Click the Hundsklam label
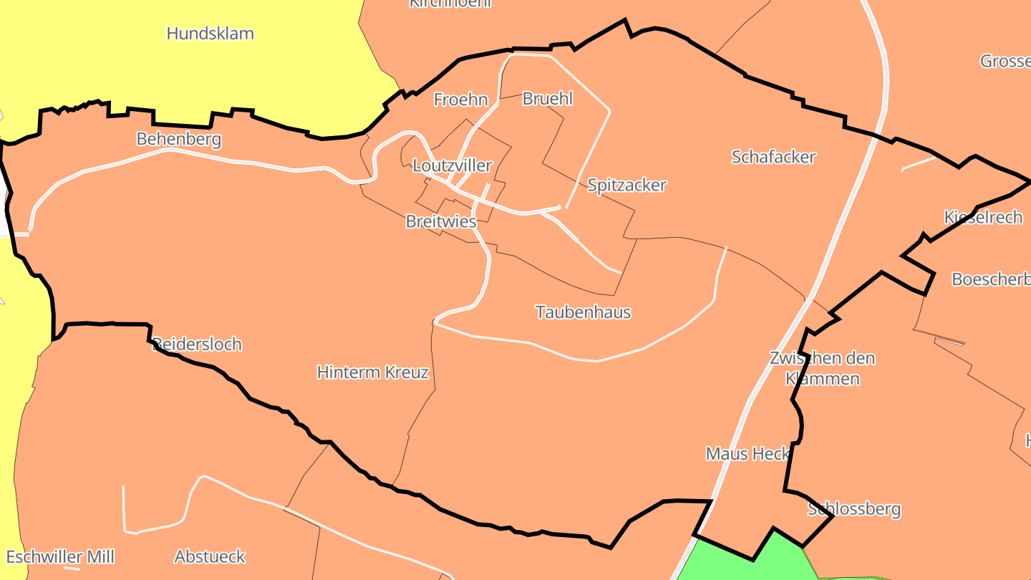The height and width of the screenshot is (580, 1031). click(210, 34)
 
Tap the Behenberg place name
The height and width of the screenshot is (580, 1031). click(179, 139)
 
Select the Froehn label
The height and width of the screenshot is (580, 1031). click(461, 100)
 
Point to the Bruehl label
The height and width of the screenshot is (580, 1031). click(548, 99)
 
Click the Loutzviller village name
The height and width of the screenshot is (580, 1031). click(452, 166)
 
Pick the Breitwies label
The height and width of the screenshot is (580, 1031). click(441, 222)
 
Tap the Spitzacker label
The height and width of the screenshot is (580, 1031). click(626, 185)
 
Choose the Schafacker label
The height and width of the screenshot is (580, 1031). click(773, 157)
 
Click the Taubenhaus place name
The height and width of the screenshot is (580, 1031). click(584, 312)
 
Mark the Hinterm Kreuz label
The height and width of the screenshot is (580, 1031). click(373, 372)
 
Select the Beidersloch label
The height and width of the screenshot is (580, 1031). click(198, 344)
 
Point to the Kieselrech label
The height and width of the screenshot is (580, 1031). click(983, 218)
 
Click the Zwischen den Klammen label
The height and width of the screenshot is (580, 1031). click(823, 368)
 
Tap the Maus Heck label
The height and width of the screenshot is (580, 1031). click(747, 454)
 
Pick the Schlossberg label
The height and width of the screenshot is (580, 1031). click(854, 510)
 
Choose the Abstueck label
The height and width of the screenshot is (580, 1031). click(210, 556)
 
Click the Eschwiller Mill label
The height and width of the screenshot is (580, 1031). click(60, 557)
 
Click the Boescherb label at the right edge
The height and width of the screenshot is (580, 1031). click(991, 279)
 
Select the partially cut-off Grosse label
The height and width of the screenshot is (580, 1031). click(1005, 61)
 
